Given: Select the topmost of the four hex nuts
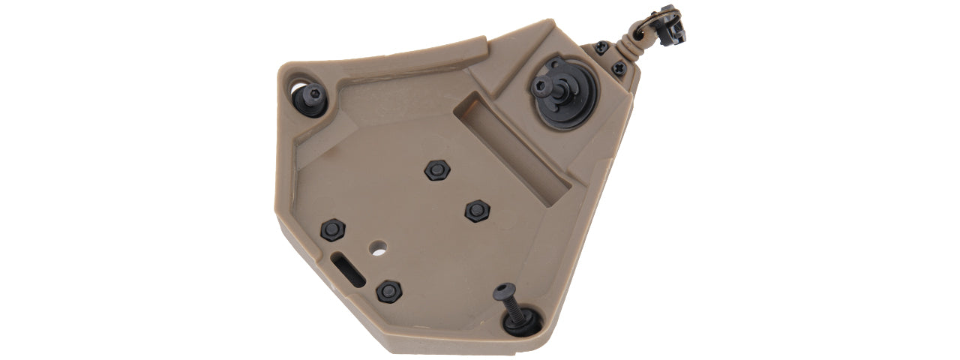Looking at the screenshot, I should click(435, 170).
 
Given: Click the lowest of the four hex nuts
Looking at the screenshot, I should click(388, 291).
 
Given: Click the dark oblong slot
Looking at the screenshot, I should click(347, 268).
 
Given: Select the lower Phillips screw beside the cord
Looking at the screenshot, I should click(618, 68).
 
